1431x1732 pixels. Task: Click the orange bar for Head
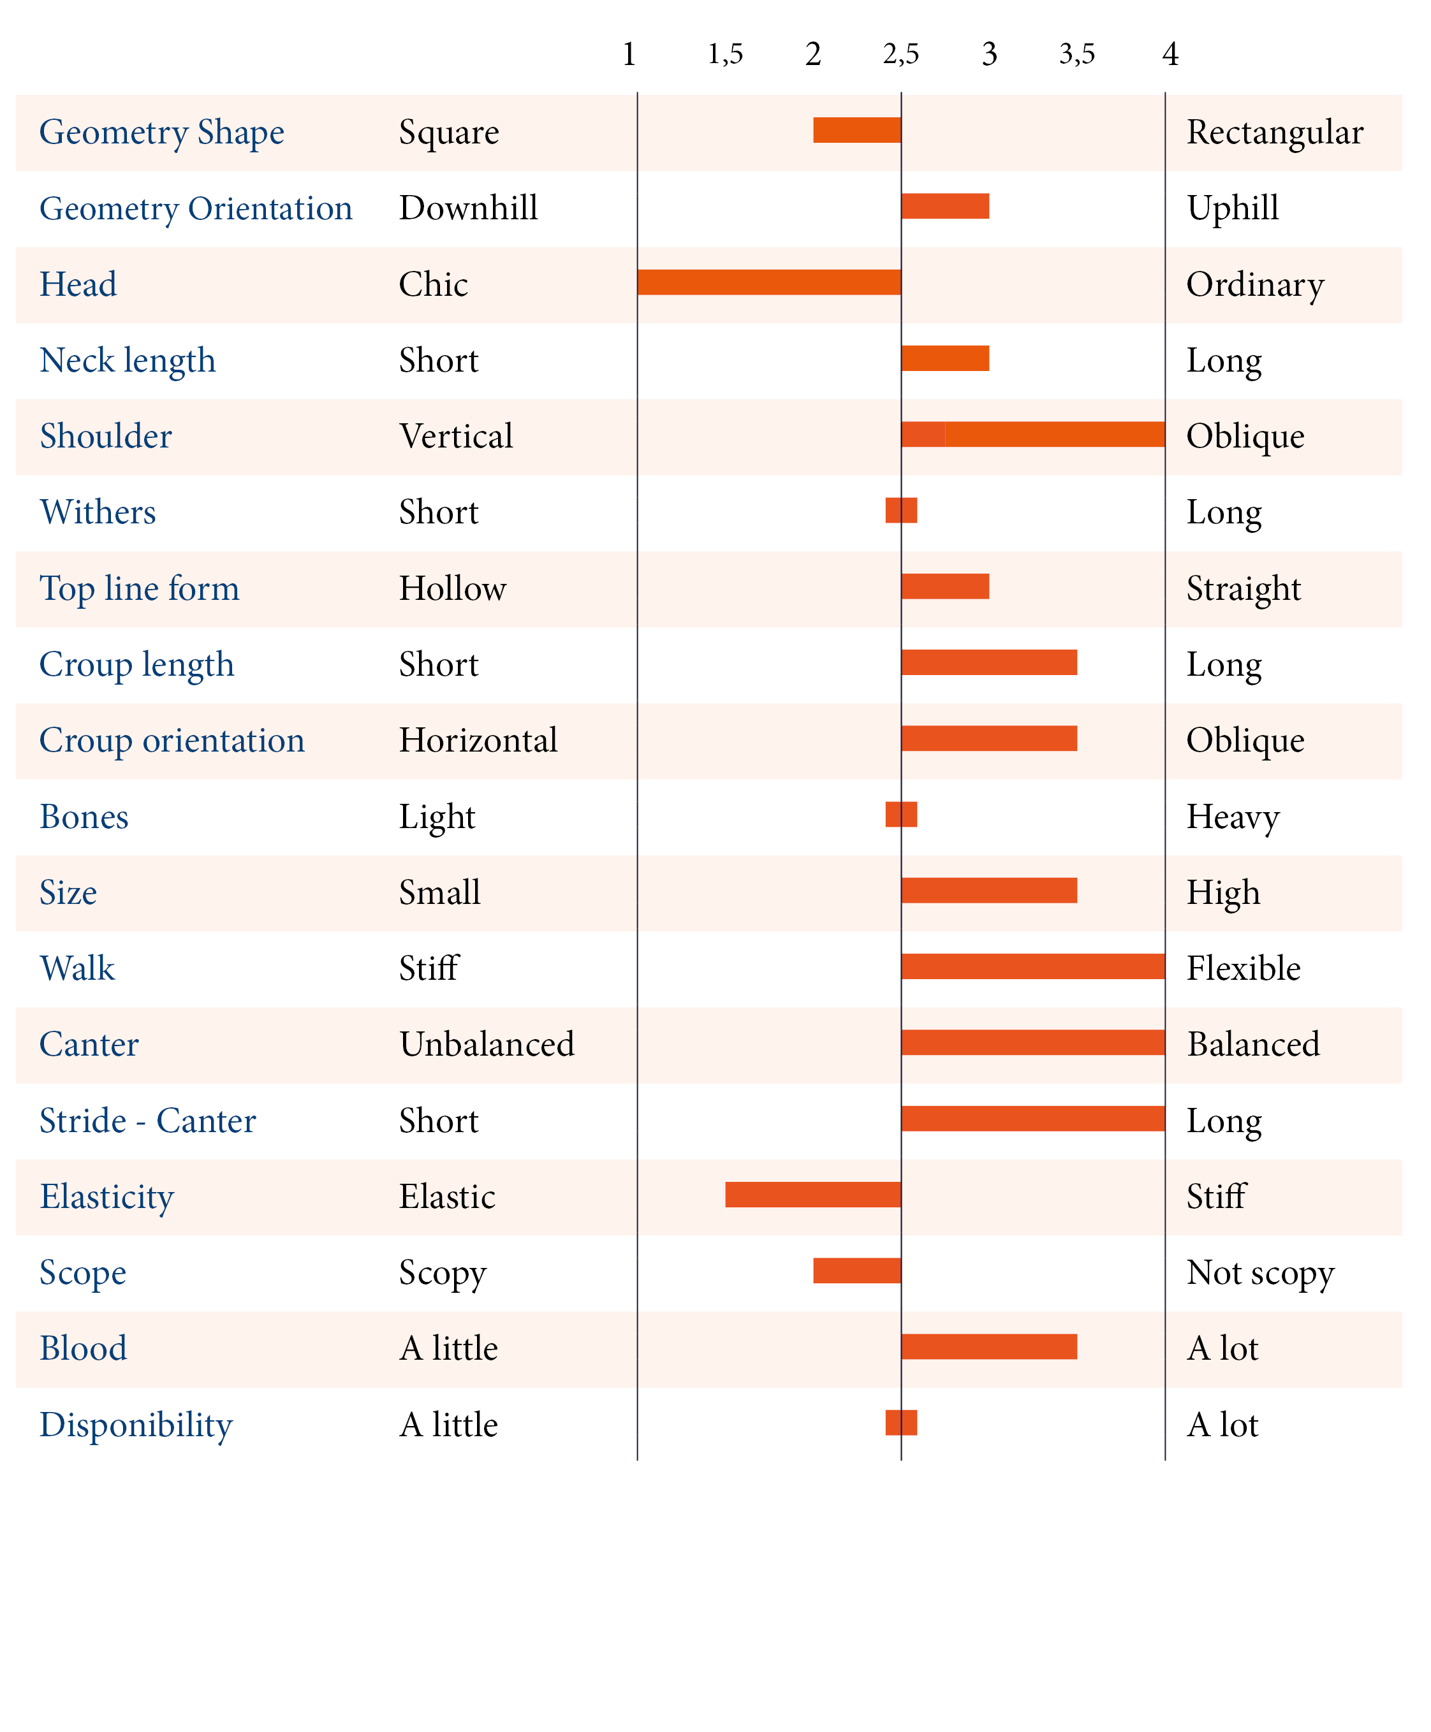coord(768,282)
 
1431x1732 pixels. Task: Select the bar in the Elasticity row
coord(813,1194)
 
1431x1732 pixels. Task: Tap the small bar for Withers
coord(901,510)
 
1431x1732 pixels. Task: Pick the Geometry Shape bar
coord(856,130)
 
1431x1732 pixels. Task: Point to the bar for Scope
coord(856,1270)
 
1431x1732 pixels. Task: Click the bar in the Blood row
coord(988,1346)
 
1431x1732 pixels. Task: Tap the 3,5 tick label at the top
coord(1076,54)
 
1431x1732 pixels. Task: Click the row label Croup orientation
coord(172,740)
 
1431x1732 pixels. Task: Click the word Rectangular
coord(1274,132)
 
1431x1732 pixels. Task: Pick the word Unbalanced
coord(487,1044)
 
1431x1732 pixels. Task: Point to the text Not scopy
coord(1259,1273)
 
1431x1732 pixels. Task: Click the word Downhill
coord(468,208)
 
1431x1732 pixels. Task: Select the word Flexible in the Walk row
coord(1243,968)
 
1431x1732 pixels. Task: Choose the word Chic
coord(433,284)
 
